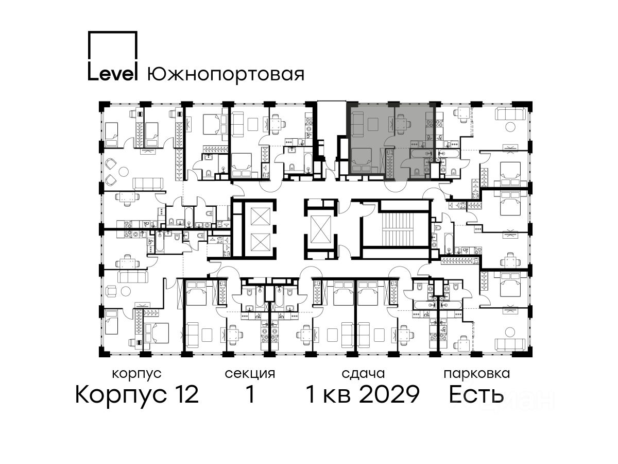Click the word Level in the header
[x=113, y=74]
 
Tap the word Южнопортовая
[x=226, y=75]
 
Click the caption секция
[x=250, y=374]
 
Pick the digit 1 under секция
[x=250, y=394]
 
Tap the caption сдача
[x=363, y=374]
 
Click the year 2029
[x=390, y=394]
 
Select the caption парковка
[x=477, y=374]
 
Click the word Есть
[x=476, y=394]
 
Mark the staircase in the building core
[x=396, y=229]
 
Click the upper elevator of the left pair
[x=261, y=217]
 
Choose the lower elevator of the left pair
[x=261, y=242]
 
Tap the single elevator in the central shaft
[x=321, y=229]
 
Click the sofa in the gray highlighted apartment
[x=357, y=124]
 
